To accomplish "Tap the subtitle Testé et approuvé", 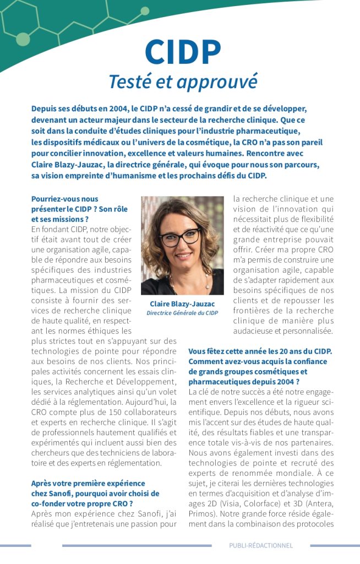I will (183, 81).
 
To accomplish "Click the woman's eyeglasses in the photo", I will (181, 237).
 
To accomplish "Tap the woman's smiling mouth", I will (183, 257).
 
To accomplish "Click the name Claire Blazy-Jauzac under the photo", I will (182, 303).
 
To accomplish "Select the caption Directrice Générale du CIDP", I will (182, 313).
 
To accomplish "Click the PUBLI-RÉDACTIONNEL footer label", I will (261, 545).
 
